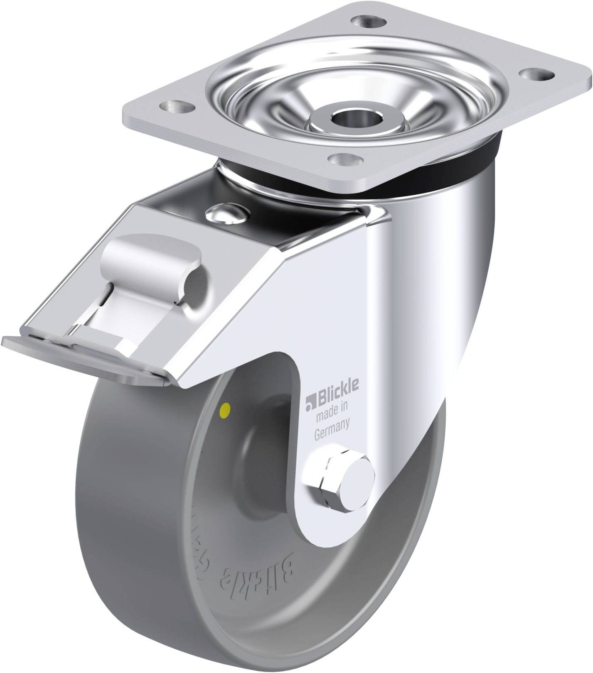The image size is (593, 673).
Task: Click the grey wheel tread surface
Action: pyautogui.click(x=125, y=519)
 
